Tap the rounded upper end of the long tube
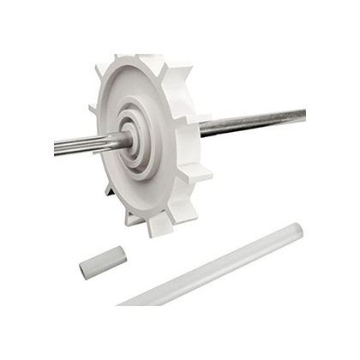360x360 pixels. pyautogui.click(x=295, y=229)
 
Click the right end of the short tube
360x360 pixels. pyautogui.click(x=121, y=254)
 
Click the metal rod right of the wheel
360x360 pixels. pyautogui.click(x=257, y=122)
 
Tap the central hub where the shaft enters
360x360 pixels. pyautogui.click(x=131, y=139)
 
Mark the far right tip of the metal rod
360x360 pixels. pyautogui.click(x=303, y=115)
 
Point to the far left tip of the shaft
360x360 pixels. pyautogui.click(x=57, y=149)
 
